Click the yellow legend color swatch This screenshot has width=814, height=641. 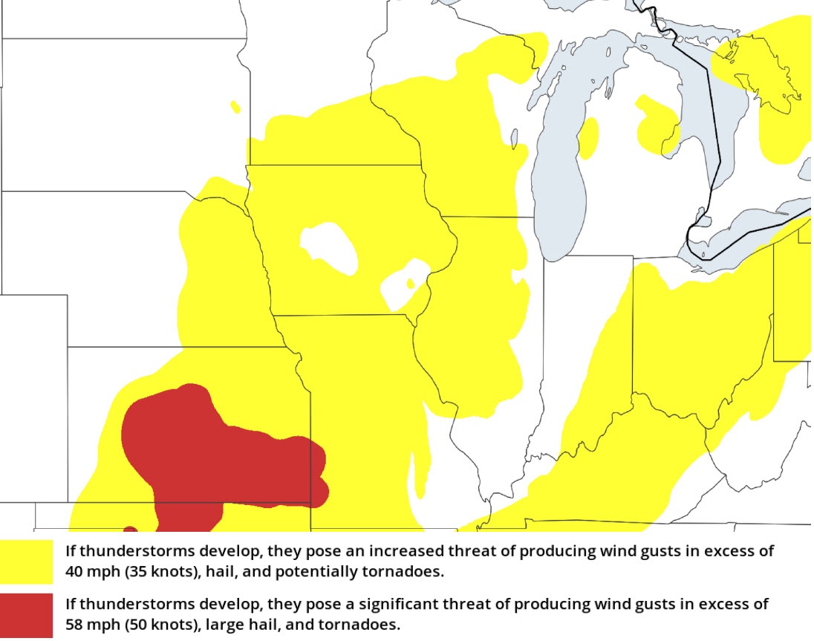click(27, 562)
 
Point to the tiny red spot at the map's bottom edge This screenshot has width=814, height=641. click(130, 529)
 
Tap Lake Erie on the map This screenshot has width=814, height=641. click(750, 238)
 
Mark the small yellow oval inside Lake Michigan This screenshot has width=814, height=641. click(588, 138)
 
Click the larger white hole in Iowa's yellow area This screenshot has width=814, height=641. click(328, 245)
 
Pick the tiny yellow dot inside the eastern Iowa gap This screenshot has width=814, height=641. click(410, 283)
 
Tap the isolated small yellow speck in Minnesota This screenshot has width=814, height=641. click(235, 107)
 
